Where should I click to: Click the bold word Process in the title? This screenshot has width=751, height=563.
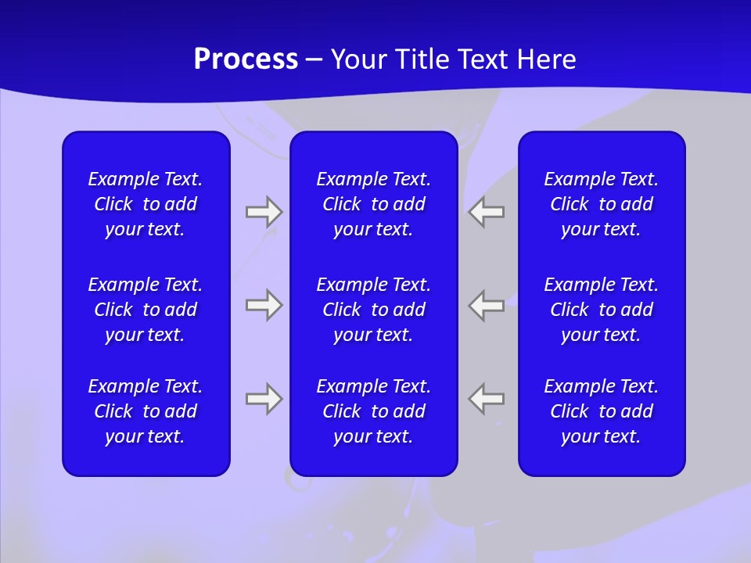pyautogui.click(x=246, y=59)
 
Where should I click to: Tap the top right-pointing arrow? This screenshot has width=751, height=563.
pyautogui.click(x=264, y=212)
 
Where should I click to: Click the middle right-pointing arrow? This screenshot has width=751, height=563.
pyautogui.click(x=264, y=305)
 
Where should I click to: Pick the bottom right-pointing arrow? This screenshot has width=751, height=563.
pyautogui.click(x=264, y=399)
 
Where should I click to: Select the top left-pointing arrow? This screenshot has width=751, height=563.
pyautogui.click(x=487, y=212)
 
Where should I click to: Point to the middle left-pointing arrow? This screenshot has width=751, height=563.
pyautogui.click(x=487, y=305)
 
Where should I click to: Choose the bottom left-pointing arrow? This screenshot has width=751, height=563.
pyautogui.click(x=487, y=399)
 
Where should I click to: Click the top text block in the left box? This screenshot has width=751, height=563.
pyautogui.click(x=146, y=204)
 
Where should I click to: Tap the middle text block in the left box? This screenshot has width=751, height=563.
pyautogui.click(x=146, y=310)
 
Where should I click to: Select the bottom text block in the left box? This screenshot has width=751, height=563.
pyautogui.click(x=146, y=411)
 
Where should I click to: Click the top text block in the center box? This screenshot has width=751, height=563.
pyautogui.click(x=373, y=204)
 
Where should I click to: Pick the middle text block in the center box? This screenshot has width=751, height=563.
pyautogui.click(x=373, y=310)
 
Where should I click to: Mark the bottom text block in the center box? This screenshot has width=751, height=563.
pyautogui.click(x=373, y=411)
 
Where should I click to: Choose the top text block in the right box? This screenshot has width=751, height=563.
pyautogui.click(x=601, y=204)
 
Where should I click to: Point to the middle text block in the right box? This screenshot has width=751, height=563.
pyautogui.click(x=601, y=310)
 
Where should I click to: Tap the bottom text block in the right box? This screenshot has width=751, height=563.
pyautogui.click(x=601, y=411)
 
